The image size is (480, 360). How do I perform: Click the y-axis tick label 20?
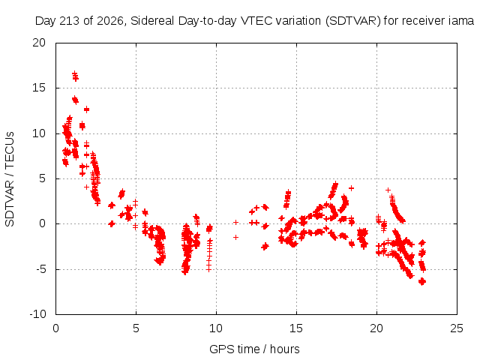pyautogui.click(x=39, y=43)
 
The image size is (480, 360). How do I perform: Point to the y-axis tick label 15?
pyautogui.click(x=39, y=88)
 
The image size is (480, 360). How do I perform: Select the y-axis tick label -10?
pyautogui.click(x=37, y=314)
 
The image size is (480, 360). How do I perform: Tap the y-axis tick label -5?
pyautogui.click(x=41, y=269)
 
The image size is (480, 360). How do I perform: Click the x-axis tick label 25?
pyautogui.click(x=457, y=328)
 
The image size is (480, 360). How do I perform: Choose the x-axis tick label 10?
pyautogui.click(x=216, y=328)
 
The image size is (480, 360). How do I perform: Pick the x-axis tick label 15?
pyautogui.click(x=296, y=328)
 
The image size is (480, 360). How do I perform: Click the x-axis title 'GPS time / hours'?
pyautogui.click(x=254, y=349)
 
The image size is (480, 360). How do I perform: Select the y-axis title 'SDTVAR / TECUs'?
pyautogui.click(x=10, y=179)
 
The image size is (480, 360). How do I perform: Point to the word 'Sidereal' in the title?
pyautogui.click(x=152, y=21)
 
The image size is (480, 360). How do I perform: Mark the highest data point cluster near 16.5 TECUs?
pyautogui.click(x=75, y=76)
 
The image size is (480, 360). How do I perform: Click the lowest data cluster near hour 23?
pyautogui.click(x=422, y=281)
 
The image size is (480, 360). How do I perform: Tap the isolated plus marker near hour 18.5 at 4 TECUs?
pyautogui.click(x=352, y=188)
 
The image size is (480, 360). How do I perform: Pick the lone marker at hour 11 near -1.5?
pyautogui.click(x=235, y=237)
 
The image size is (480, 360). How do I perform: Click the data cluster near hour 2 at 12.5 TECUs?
pyautogui.click(x=87, y=109)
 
